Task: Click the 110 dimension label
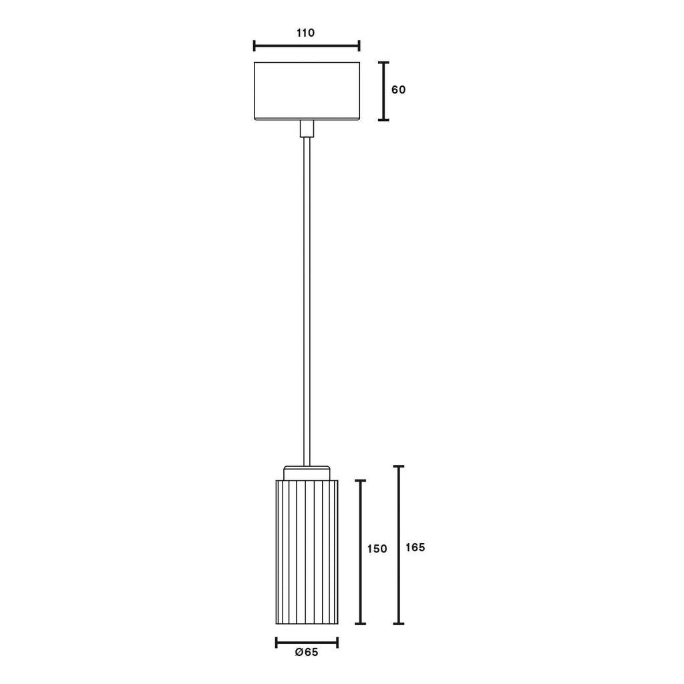[x=305, y=33]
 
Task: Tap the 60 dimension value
[x=398, y=90]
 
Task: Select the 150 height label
[x=377, y=549]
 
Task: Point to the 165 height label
[x=415, y=548]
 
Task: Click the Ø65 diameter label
[x=307, y=652]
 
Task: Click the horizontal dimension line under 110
[x=307, y=45]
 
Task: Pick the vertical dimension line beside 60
[x=383, y=91]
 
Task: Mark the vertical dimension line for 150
[x=360, y=552]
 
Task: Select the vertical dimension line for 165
[x=399, y=545]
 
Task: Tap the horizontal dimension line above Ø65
[x=307, y=643]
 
